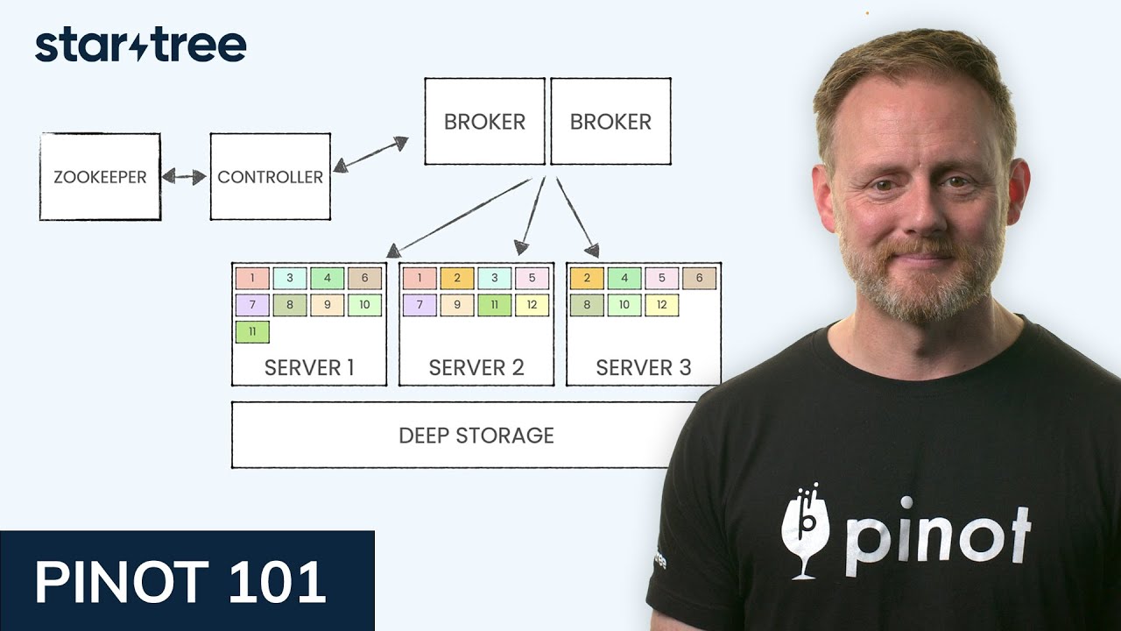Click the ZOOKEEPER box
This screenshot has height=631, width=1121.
pyautogui.click(x=100, y=176)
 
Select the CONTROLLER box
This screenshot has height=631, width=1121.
pyautogui.click(x=270, y=176)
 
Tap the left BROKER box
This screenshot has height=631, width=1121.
pyautogui.click(x=484, y=122)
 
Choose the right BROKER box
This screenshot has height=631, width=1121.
pyautogui.click(x=610, y=122)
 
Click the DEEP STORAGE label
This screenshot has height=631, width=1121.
pyautogui.click(x=476, y=436)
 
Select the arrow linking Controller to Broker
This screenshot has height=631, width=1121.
pyautogui.click(x=370, y=154)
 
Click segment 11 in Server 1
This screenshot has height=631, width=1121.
pyautogui.click(x=252, y=332)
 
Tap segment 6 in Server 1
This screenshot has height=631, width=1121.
pyautogui.click(x=364, y=279)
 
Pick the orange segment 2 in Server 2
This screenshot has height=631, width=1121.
pyautogui.click(x=456, y=279)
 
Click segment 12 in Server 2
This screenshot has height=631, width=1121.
pyautogui.click(x=532, y=306)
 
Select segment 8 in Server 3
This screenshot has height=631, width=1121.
pyautogui.click(x=587, y=306)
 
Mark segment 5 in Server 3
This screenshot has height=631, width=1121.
pyautogui.click(x=661, y=279)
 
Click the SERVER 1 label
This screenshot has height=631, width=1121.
pyautogui.click(x=309, y=368)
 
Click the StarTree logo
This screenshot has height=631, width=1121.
pyautogui.click(x=140, y=46)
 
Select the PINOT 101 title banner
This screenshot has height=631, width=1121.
pyautogui.click(x=187, y=581)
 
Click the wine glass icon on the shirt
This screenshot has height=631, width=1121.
pyautogui.click(x=804, y=530)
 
